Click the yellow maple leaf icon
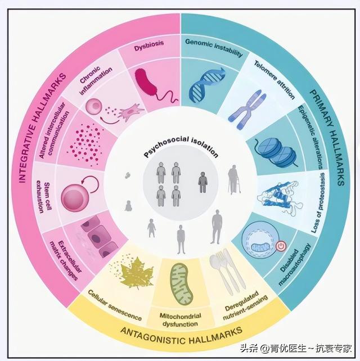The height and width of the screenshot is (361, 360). point(136,271)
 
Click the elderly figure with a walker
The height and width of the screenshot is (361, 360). point(233,179)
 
